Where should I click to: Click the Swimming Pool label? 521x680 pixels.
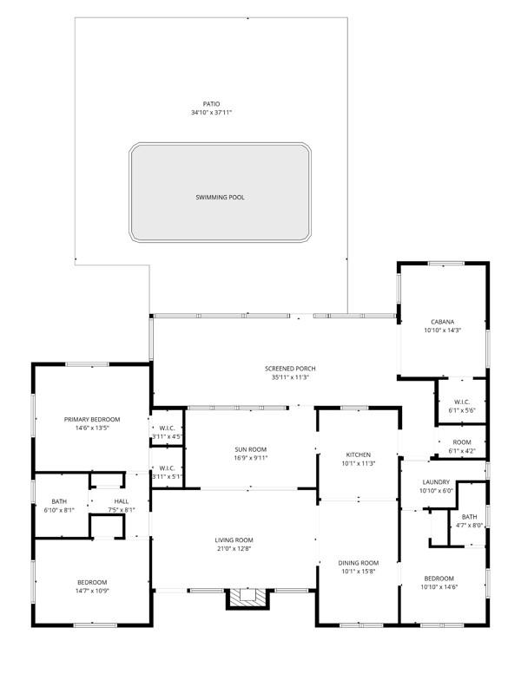point(220,198)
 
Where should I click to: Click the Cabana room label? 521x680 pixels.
point(443,321)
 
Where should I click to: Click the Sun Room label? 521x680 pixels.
point(250,449)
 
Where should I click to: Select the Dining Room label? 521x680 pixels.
point(359,563)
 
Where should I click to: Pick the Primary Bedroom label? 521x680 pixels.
point(92,419)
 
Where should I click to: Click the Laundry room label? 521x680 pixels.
point(436,482)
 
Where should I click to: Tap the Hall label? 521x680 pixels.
point(121,501)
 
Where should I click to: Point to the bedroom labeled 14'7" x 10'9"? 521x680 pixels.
point(92,582)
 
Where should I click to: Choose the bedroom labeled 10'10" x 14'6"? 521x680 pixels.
point(439,579)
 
